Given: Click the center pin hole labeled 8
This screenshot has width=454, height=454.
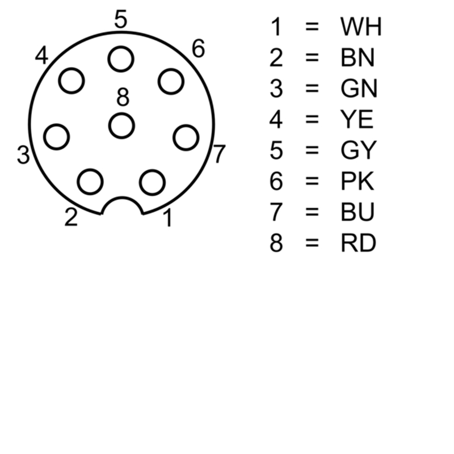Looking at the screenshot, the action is tap(121, 126).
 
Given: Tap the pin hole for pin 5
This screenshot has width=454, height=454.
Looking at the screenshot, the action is tap(121, 59).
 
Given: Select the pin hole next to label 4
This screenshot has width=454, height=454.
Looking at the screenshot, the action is tap(72, 81).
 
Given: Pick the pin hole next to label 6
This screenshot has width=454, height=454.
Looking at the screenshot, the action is tap(171, 82).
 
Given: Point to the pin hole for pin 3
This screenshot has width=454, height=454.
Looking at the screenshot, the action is tap(56, 137).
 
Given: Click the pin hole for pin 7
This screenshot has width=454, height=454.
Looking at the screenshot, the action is tap(186, 137).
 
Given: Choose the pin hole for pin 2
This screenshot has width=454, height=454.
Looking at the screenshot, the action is tap(90, 182).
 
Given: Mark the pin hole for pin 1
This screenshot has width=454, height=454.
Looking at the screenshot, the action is tap(152, 183).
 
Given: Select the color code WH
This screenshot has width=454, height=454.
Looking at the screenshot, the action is tap(361, 27).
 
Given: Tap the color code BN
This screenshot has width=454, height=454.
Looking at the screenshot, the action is tap(358, 58).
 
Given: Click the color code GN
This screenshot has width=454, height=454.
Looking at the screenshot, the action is tap(359, 89).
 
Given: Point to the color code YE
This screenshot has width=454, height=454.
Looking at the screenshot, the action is tap(357, 119).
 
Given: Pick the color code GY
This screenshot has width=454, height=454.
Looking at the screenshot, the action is tap(359, 150).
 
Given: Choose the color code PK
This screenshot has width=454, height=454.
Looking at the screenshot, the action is tap(358, 181).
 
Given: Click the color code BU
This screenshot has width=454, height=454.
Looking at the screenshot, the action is tap(358, 212).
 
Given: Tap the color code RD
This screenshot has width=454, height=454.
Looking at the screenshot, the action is tap(359, 243).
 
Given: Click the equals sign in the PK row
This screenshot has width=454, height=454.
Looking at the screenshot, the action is tap(312, 181).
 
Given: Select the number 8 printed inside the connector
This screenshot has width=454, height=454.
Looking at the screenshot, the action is tap(123, 97).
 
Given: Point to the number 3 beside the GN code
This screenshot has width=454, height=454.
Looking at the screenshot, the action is tap(276, 89).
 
